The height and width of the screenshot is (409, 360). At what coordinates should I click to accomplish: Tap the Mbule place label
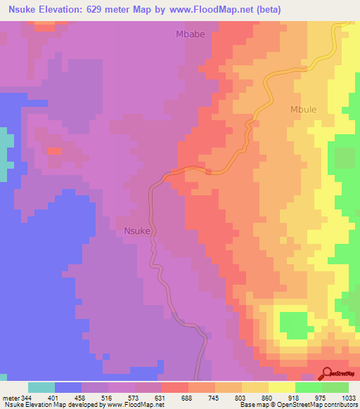tap(304, 109)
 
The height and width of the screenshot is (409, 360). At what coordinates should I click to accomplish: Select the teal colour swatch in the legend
tap(41, 387)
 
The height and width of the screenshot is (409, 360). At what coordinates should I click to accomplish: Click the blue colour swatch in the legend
tap(68, 387)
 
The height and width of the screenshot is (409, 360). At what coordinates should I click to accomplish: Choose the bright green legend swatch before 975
tap(308, 387)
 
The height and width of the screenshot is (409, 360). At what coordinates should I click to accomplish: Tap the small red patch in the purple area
tap(53, 150)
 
